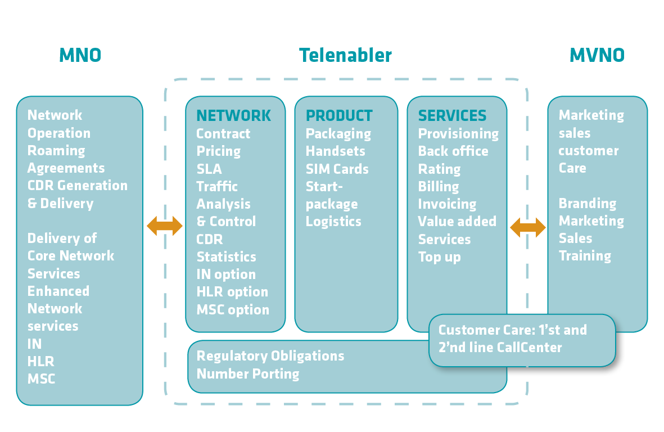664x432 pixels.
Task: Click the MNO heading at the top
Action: pyautogui.click(x=80, y=55)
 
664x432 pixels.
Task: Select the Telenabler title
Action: pyautogui.click(x=345, y=55)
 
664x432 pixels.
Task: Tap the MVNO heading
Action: pyautogui.click(x=597, y=55)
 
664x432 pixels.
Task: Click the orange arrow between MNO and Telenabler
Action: pyautogui.click(x=165, y=226)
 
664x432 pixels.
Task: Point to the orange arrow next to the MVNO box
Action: pyautogui.click(x=528, y=227)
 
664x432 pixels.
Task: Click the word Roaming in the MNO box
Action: pyautogui.click(x=56, y=151)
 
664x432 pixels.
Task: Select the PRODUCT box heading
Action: pyautogui.click(x=339, y=116)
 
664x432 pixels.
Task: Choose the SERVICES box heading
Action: pyautogui.click(x=452, y=116)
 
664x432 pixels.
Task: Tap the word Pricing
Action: pyautogui.click(x=218, y=151)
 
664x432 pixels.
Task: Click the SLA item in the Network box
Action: pyautogui.click(x=209, y=169)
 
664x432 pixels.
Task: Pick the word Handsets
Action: pyautogui.click(x=335, y=151)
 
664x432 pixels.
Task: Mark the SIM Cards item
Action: pyautogui.click(x=337, y=169)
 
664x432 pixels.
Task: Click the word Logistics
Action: pyautogui.click(x=333, y=222)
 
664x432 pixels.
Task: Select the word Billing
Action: pyautogui.click(x=438, y=187)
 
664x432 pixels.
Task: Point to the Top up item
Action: pyautogui.click(x=439, y=257)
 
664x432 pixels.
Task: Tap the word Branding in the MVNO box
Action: pyautogui.click(x=587, y=204)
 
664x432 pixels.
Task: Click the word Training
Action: pyautogui.click(x=585, y=256)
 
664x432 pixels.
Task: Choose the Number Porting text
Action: pyautogui.click(x=247, y=374)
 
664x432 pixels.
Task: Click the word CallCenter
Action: pyautogui.click(x=529, y=348)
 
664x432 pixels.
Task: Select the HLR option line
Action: pyautogui.click(x=232, y=292)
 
